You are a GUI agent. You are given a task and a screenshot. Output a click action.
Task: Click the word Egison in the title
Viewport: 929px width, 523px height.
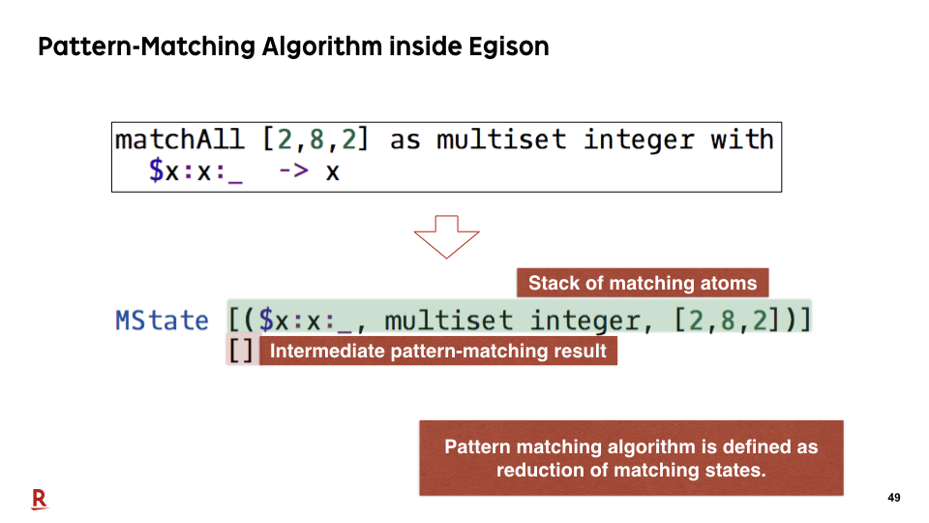pyautogui.click(x=509, y=46)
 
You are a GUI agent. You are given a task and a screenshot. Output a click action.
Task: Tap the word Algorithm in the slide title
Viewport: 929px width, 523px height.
pyautogui.click(x=321, y=46)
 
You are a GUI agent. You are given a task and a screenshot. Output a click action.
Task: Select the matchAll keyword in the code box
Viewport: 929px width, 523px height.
pyautogui.click(x=180, y=139)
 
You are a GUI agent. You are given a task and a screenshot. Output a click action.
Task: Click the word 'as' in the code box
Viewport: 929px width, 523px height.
pyautogui.click(x=405, y=141)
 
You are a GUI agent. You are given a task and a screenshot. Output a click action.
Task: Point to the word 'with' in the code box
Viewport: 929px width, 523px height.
pyautogui.click(x=742, y=139)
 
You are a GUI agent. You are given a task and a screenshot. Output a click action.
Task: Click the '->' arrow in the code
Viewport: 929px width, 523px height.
pyautogui.click(x=294, y=171)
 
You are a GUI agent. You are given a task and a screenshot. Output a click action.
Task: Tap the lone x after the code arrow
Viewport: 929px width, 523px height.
pyautogui.click(x=332, y=172)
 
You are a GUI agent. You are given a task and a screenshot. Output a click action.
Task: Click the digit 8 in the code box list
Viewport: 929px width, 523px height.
pyautogui.click(x=316, y=139)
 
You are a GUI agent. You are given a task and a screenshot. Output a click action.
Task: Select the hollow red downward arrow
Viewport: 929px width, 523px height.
pyautogui.click(x=447, y=236)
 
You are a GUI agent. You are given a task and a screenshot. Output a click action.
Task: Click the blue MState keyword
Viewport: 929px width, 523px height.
pyautogui.click(x=163, y=321)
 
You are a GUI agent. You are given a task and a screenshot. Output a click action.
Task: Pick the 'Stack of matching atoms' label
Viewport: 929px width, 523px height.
pyautogui.click(x=643, y=283)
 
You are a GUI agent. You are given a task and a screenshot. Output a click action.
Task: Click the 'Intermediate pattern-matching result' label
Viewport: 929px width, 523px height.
pyautogui.click(x=438, y=351)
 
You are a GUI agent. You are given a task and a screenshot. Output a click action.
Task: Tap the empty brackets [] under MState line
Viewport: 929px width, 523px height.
pyautogui.click(x=242, y=351)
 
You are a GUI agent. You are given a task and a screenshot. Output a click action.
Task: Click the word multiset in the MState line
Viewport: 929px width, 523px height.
pyautogui.click(x=448, y=321)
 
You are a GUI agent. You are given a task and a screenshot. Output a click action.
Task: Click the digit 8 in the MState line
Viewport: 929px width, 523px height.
pyautogui.click(x=728, y=321)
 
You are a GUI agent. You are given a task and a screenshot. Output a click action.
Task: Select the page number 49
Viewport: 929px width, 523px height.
pyautogui.click(x=894, y=498)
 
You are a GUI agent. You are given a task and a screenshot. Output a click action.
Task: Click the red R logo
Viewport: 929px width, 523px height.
pyautogui.click(x=39, y=500)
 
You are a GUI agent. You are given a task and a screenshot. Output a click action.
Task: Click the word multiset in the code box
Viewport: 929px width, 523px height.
pyautogui.click(x=501, y=139)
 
